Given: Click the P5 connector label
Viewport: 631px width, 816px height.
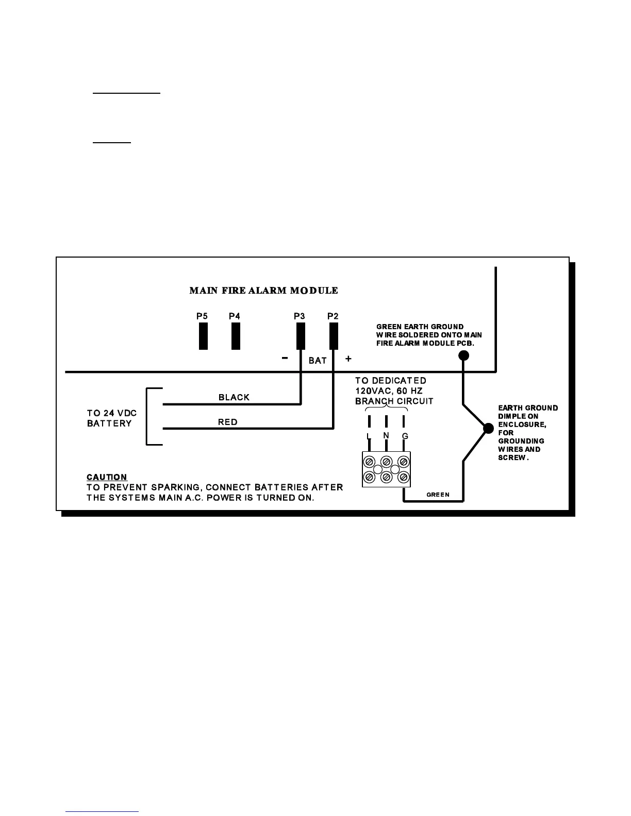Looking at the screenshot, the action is (x=202, y=316).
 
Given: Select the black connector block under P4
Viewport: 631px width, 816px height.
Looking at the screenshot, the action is (x=236, y=336).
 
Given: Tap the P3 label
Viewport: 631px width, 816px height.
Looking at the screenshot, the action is (x=300, y=316).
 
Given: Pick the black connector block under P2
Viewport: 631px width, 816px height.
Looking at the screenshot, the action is (x=334, y=336).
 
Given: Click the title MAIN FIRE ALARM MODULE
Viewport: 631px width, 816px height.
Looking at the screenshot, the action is (x=263, y=291).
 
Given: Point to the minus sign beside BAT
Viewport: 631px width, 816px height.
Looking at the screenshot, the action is (x=285, y=359).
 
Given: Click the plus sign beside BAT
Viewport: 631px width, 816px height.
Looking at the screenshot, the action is (x=348, y=359).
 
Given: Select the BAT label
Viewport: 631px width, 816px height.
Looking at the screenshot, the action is (x=318, y=361).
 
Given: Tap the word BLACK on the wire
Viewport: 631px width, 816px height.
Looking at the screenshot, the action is (x=234, y=397).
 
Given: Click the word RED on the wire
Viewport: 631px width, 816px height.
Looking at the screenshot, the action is (x=228, y=422).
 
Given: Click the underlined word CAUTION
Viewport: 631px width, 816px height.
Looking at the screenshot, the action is (x=107, y=477).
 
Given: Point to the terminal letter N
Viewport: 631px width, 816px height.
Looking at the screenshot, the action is (x=386, y=436).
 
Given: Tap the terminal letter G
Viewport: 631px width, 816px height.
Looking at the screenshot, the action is (x=405, y=436).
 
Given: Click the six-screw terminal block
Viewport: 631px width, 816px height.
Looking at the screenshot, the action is (x=387, y=469).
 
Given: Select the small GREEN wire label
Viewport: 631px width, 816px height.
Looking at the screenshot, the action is (x=438, y=495).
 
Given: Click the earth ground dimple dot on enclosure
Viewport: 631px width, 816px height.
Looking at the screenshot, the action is (x=488, y=428).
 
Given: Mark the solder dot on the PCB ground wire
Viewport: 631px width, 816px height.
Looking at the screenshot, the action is (x=464, y=355).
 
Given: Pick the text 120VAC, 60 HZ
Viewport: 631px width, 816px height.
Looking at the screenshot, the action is (x=389, y=391).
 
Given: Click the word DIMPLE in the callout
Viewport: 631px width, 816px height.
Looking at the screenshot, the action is (x=511, y=416).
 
